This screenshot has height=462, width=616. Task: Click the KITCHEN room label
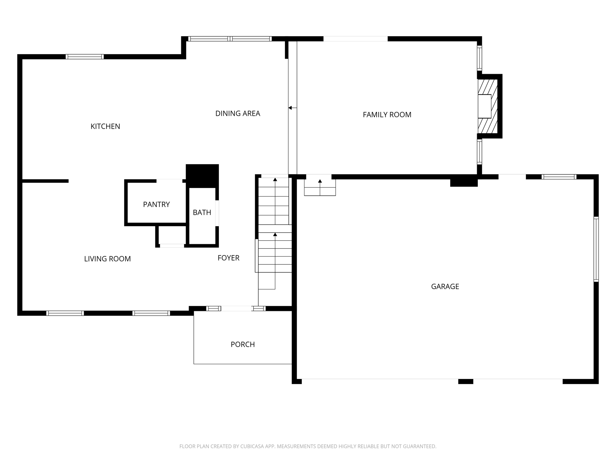click(x=105, y=126)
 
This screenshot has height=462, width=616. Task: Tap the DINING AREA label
click(x=238, y=113)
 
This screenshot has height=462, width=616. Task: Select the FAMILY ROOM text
click(x=387, y=115)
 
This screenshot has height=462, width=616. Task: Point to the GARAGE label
click(x=445, y=287)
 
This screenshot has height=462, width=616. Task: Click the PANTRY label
click(x=156, y=204)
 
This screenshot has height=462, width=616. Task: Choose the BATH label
click(x=202, y=212)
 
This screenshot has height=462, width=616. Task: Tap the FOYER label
click(x=228, y=258)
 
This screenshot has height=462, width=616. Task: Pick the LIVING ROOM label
click(x=107, y=259)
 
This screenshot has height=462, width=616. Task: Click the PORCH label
click(x=243, y=344)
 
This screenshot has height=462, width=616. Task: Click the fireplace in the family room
click(x=488, y=106)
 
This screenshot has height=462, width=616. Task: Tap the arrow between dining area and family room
click(x=292, y=108)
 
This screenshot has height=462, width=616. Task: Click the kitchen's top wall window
click(x=85, y=57)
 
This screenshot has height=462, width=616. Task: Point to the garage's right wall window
click(x=596, y=249)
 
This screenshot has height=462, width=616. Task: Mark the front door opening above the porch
click(x=236, y=309)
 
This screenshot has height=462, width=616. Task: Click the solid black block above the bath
click(x=202, y=176)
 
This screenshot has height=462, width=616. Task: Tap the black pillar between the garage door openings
click(x=466, y=381)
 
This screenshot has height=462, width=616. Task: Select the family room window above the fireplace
click(x=479, y=58)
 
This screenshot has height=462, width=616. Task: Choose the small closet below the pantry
click(x=172, y=235)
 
